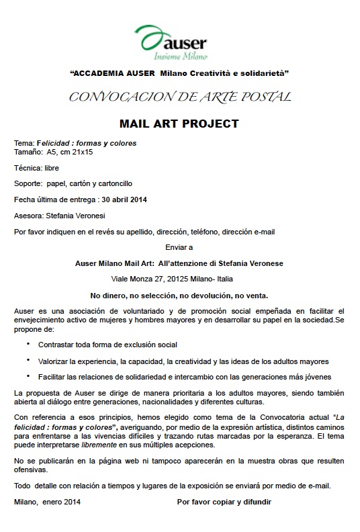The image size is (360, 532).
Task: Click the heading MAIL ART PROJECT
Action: [179, 124]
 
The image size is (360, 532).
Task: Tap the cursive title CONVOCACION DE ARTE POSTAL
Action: [179, 97]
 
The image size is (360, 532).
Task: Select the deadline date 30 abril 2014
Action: [124, 199]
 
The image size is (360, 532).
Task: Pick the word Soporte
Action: [28, 183]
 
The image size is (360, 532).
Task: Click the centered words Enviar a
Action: [179, 247]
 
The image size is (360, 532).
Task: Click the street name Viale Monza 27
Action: [134, 277]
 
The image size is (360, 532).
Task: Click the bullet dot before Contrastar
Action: [28, 343]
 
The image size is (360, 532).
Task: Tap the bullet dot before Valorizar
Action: [28, 359]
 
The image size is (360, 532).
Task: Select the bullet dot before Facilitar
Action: [28, 375]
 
